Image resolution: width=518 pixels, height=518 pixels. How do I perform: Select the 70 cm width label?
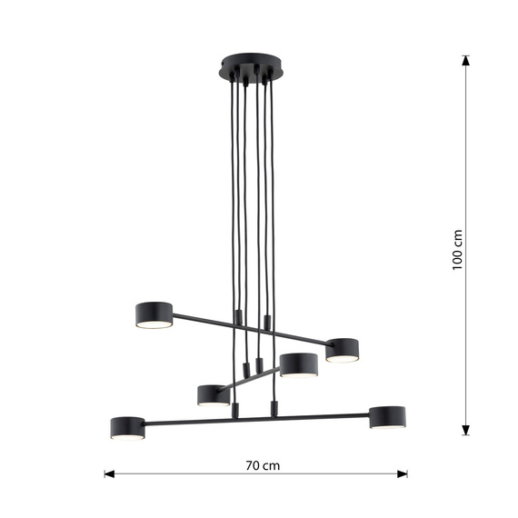point(263,465)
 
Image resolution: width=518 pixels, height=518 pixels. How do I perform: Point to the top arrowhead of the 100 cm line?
point(466,61)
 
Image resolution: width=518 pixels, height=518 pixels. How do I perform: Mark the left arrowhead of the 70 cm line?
point(109,473)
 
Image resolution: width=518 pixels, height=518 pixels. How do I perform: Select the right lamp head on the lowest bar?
point(386,417)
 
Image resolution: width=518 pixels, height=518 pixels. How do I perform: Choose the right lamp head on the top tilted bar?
point(343,349)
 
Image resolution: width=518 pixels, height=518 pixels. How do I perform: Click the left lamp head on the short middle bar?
point(213,394)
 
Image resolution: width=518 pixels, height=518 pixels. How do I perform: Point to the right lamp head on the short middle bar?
point(298,364)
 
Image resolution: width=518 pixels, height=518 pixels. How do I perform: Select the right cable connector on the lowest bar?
point(273,407)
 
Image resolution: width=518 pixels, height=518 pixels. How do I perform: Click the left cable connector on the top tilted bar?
point(238,317)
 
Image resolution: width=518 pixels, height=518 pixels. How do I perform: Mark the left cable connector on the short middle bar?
point(245,371)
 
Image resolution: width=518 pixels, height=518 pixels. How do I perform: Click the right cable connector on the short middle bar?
point(260,364)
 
